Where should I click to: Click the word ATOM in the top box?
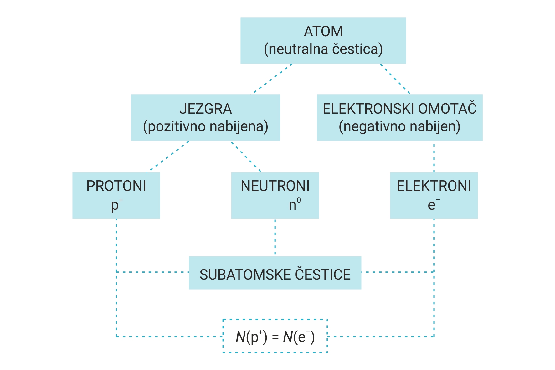click(323, 32)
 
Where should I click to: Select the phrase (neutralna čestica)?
click(323, 49)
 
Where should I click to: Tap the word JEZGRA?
click(205, 109)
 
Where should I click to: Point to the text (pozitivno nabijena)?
click(205, 126)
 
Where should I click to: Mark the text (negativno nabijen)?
click(399, 126)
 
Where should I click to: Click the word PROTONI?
click(116, 186)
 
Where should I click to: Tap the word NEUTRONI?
click(275, 186)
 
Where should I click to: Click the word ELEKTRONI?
click(434, 186)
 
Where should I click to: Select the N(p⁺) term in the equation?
click(251, 337)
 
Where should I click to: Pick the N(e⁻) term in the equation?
click(299, 337)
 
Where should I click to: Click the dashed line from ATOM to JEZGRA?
click(273, 78)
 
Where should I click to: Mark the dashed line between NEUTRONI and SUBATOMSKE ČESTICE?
click(275, 237)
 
